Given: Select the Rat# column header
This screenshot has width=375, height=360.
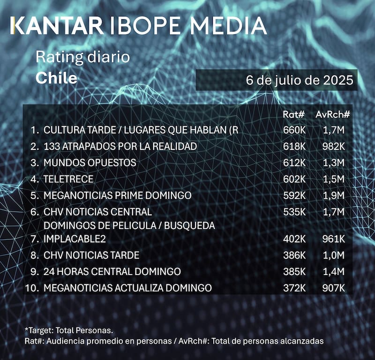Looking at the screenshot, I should pos(294,114).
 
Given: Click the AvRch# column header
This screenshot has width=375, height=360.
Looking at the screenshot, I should pos(333,114).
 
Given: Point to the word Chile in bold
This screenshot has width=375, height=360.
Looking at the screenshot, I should pos(56,78).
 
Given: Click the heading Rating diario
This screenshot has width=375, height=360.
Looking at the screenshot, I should pos(82,58).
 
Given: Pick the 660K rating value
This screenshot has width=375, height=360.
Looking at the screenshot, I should pos(294,130).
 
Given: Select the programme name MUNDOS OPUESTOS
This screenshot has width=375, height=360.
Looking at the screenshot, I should pos(90,162).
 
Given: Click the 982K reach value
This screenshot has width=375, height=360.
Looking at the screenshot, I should pos(333,146).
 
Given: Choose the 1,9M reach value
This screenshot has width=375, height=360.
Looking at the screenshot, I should pos(334,195).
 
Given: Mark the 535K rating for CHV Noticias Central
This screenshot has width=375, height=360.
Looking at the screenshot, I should pos(294,212).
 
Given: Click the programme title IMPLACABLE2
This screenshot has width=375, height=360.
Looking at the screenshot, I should pos(75,239).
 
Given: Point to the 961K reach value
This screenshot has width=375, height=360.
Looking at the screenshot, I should pos(333,239).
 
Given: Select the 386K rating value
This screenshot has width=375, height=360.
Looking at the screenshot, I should pos(294,255).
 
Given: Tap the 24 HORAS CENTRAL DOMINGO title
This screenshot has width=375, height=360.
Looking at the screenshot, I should pos(112,271).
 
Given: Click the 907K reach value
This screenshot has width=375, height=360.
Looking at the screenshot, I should pos(333,287).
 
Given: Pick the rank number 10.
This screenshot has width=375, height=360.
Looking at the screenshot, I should pos(33,287).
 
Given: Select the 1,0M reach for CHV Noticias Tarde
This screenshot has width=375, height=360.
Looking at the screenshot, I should pos(334,255).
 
